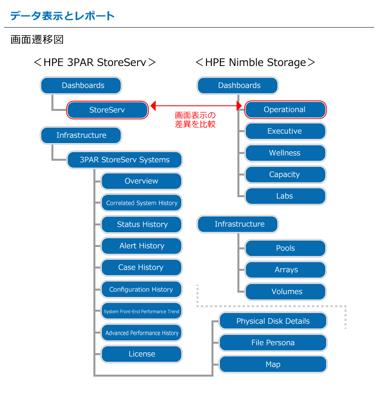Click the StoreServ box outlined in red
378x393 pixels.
coord(107,110)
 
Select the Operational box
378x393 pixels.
coord(285,110)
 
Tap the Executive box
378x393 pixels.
coord(285,131)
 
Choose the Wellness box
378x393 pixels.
coord(285,153)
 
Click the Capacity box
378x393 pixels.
coord(285,174)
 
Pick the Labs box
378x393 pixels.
coord(285,196)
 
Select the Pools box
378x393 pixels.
coord(285,248)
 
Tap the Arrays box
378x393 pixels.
coord(285,270)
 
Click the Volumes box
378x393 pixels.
coord(285,291)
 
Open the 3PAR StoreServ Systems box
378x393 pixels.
coord(125,160)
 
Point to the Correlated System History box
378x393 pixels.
coord(141,203)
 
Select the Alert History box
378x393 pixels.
coord(141,246)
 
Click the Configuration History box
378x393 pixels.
coord(141,289)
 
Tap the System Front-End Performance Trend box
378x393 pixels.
coord(141,312)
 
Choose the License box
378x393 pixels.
coord(141,354)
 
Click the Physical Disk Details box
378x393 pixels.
coord(273,321)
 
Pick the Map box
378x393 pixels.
coord(273,365)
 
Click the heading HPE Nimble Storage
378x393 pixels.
coord(255,63)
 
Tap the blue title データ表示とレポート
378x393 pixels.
coord(63,16)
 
